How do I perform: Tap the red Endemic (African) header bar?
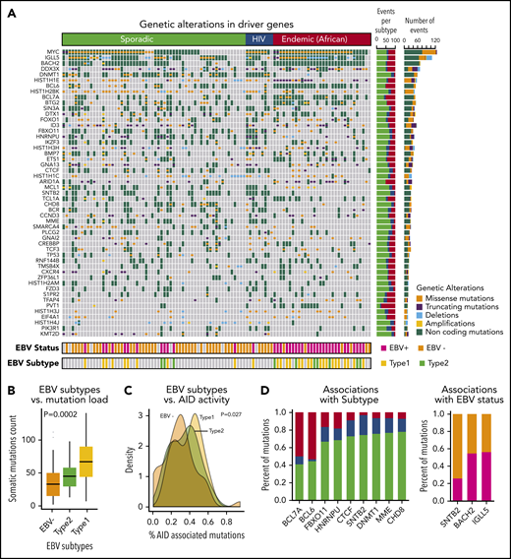(x=321, y=35)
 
